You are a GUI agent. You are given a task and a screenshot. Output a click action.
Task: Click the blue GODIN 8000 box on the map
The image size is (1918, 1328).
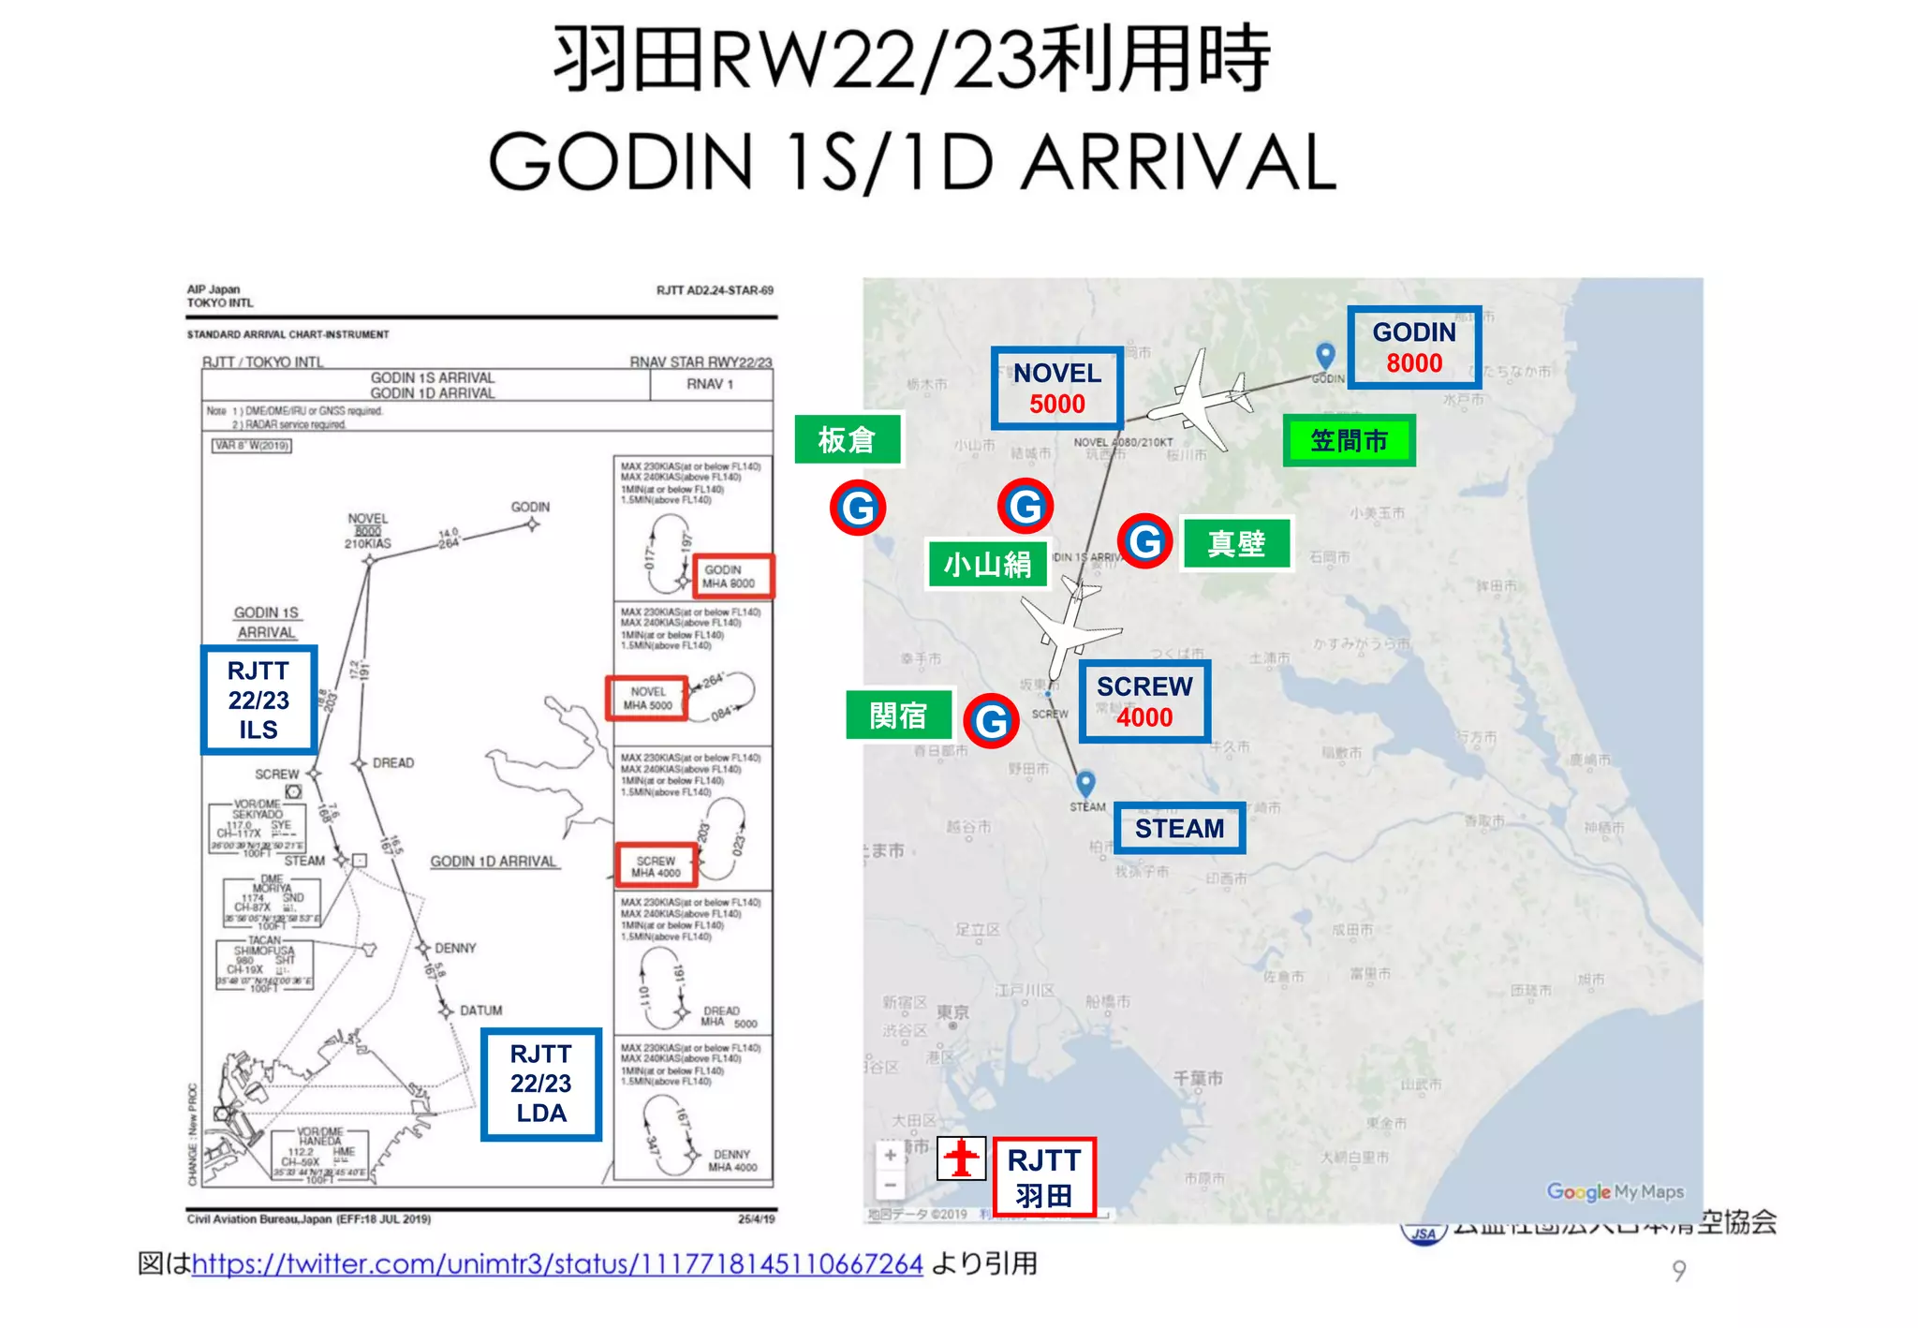pos(1413,347)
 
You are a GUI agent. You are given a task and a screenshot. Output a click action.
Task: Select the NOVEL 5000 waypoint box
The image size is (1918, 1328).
pos(1057,388)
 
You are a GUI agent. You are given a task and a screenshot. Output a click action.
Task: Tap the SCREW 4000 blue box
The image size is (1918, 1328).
pos(1143,701)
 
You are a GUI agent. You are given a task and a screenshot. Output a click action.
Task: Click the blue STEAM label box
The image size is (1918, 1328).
pos(1179,828)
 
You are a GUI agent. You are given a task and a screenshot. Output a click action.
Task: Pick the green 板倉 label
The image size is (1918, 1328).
pos(848,439)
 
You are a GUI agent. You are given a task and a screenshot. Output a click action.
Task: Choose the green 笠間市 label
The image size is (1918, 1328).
pos(1349,440)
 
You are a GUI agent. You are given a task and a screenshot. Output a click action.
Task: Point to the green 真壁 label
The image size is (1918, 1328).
pos(1236,543)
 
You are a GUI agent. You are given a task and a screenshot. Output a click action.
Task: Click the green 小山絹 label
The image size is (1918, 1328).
pos(987,564)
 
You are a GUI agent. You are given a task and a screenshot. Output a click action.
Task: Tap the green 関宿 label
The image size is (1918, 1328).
pos(898,716)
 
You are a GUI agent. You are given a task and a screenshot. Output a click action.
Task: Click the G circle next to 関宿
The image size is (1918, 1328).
pos(991,720)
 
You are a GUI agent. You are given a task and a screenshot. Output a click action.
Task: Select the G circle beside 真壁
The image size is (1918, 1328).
pos(1144,541)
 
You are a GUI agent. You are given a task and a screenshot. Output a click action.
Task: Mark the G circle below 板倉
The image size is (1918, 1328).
pos(857,508)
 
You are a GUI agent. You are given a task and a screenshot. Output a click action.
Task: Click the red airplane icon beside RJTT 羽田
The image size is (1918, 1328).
pos(961,1158)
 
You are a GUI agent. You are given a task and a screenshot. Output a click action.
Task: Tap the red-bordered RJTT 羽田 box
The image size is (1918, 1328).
pos(1044,1177)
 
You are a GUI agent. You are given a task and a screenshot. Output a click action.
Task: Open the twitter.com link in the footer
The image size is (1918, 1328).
pos(557,1264)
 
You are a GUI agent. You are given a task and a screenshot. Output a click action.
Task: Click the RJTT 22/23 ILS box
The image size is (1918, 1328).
pos(258,700)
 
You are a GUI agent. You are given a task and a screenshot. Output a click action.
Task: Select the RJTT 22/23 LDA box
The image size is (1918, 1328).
pos(540,1084)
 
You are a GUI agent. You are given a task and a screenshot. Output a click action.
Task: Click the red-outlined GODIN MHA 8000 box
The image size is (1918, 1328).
pos(733,576)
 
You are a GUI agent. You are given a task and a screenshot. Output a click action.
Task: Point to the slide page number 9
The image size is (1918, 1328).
pos(1678,1271)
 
